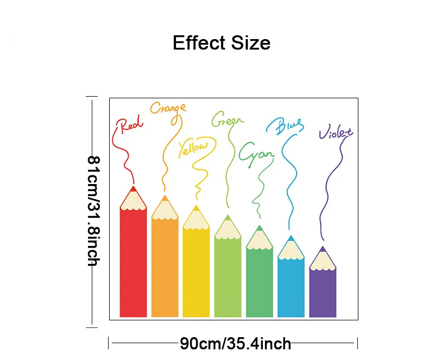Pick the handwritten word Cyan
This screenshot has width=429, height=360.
point(256,154)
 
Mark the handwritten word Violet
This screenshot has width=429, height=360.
point(336,132)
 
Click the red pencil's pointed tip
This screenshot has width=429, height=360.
point(133,187)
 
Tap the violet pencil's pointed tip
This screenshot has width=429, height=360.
point(323,247)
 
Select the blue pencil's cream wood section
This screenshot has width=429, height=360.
point(291,250)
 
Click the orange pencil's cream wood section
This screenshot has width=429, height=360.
point(165,210)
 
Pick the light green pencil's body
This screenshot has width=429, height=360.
point(228,277)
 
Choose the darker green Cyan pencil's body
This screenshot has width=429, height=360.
point(260,282)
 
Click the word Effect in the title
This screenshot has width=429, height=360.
point(199,43)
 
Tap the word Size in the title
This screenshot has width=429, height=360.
point(251,43)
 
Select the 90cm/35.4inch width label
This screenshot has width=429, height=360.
point(235,344)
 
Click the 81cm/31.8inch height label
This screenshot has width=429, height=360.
point(94,211)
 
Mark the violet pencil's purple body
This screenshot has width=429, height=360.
point(323,293)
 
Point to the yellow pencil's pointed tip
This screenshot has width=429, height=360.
point(196,206)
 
